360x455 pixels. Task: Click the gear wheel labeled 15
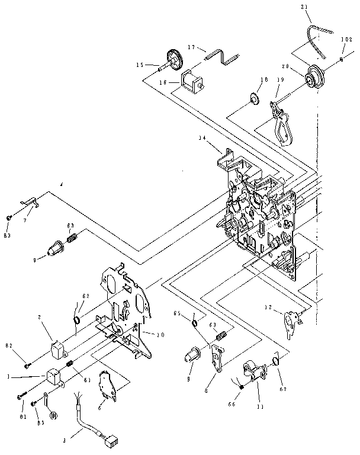(174, 59)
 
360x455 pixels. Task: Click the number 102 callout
(346, 40)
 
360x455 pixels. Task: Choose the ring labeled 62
(78, 321)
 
